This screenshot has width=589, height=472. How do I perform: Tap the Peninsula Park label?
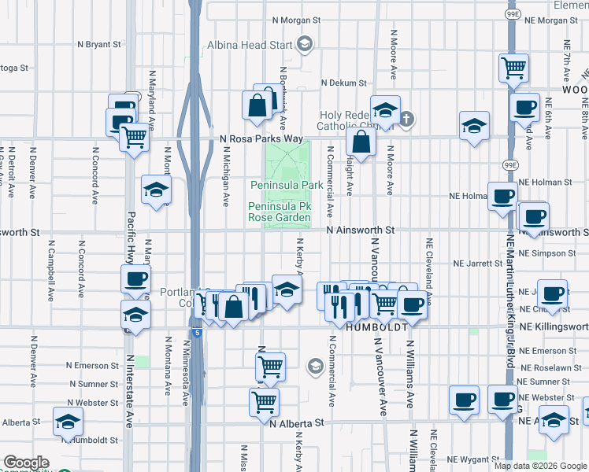(x=287, y=185)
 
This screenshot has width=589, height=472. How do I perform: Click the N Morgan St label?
(x=296, y=20)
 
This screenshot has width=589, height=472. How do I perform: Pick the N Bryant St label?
(x=99, y=45)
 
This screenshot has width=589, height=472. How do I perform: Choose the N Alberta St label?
(x=296, y=422)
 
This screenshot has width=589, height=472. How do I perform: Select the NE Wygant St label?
(x=474, y=459)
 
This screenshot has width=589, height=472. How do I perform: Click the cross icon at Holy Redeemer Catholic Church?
(x=406, y=120)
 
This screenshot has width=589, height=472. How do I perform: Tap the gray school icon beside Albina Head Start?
(x=303, y=45)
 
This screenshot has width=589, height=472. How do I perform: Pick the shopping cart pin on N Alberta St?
(x=264, y=401)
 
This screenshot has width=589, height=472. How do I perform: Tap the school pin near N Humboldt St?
(x=69, y=422)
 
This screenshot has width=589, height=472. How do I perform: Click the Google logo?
(x=26, y=463)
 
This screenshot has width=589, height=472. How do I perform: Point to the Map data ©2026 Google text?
(x=540, y=466)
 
